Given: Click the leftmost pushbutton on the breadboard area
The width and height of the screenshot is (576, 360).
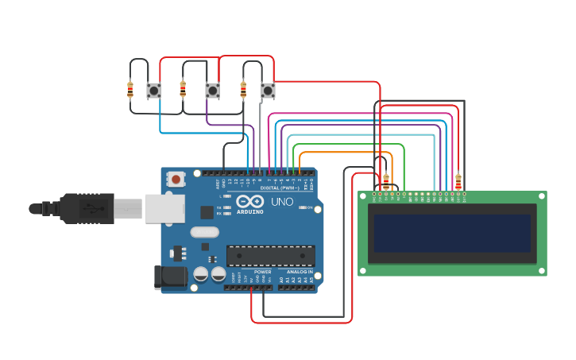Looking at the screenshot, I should tap(154, 91).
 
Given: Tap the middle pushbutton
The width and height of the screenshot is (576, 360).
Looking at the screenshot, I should tap(212, 91).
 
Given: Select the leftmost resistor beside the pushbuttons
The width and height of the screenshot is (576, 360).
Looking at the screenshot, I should tap(130, 90).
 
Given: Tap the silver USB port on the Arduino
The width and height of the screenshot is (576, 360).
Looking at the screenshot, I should tap(164, 208).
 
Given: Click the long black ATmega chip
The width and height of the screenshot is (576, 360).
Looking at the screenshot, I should tap(270, 255).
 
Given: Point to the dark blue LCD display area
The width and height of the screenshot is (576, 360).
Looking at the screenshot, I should tap(452, 233).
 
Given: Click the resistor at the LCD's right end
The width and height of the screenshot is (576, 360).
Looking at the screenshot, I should tap(458, 181).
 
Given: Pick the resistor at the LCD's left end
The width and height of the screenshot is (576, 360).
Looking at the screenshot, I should tap(386, 182).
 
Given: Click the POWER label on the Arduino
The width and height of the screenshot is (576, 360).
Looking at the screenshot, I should tap(263, 272).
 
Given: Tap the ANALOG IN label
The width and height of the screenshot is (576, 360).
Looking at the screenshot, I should tap(300, 272).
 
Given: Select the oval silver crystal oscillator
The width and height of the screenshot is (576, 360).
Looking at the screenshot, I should tap(204, 233).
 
